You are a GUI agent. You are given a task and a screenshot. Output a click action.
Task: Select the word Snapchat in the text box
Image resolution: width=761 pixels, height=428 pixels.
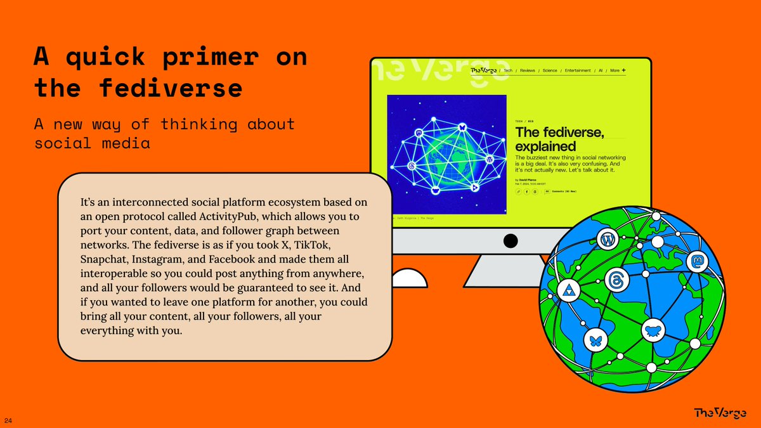(x=103, y=259)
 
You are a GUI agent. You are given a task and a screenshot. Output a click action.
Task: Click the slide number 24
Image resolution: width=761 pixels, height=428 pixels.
(x=8, y=421)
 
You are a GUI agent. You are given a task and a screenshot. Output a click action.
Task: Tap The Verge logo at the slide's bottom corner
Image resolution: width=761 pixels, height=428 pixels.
(x=720, y=413)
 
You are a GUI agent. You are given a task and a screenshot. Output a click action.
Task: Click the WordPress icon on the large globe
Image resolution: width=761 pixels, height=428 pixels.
(x=606, y=240)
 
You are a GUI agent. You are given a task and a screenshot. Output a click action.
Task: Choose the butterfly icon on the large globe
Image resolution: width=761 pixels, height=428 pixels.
(x=595, y=340)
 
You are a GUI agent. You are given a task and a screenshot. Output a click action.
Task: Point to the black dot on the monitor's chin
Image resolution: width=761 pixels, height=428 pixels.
(x=511, y=240)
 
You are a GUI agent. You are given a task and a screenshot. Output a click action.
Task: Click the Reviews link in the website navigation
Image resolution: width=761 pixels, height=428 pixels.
(x=528, y=70)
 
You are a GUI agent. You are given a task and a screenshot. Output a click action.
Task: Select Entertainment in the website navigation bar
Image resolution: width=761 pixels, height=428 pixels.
(x=578, y=70)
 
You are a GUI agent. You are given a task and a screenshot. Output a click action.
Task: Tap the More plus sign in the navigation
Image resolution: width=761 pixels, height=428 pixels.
(x=623, y=70)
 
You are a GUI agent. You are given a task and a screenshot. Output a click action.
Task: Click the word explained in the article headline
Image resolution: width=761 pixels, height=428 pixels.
(x=545, y=147)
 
